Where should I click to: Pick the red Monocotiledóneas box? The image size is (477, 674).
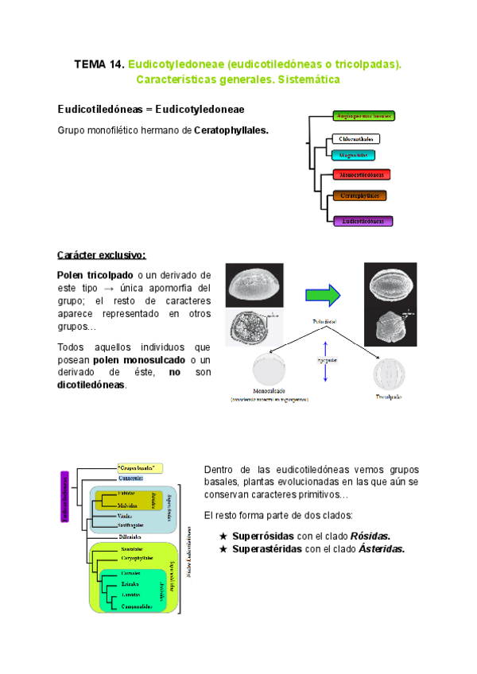[x=362, y=175]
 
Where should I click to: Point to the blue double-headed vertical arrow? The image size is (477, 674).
[x=325, y=362]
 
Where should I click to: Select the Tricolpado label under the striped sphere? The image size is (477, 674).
[x=388, y=395]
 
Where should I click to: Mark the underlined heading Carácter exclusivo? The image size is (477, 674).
[x=101, y=255]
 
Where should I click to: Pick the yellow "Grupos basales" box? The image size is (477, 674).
[x=140, y=467]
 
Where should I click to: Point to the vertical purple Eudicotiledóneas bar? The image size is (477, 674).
[x=66, y=497]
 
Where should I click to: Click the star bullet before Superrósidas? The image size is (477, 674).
[x=223, y=536]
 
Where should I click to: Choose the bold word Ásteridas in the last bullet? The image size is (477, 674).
[x=381, y=548]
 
